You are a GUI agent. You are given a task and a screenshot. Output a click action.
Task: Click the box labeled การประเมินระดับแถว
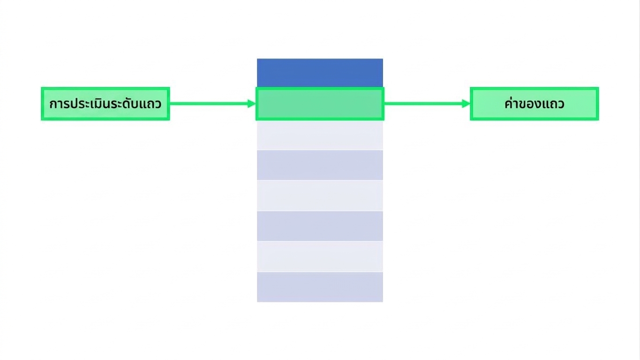point(105,104)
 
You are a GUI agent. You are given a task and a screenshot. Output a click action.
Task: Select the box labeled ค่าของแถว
point(535,104)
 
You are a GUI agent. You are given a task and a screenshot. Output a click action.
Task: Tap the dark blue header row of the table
point(320,73)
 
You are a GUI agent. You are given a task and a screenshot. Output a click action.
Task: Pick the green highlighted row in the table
point(320,104)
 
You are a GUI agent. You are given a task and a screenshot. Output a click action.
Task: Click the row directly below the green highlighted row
point(320,135)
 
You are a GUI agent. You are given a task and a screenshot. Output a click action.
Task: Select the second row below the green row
point(320,165)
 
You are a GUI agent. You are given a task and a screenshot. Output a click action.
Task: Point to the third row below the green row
point(320,195)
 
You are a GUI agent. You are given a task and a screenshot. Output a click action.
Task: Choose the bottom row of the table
point(320,287)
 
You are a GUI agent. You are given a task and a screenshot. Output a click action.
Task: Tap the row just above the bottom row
point(320,256)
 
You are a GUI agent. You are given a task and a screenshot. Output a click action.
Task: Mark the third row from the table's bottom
point(320,226)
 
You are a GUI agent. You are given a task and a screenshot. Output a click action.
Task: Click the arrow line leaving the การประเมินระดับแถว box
point(213,104)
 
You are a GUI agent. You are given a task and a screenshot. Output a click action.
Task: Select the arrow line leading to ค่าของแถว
point(427,104)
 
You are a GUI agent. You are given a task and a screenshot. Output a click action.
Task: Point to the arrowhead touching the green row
point(252,104)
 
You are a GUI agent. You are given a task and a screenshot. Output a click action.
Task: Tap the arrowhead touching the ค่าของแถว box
point(466,104)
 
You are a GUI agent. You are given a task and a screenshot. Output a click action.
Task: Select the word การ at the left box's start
point(60,104)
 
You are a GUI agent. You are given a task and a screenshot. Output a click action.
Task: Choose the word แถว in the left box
point(151,104)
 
